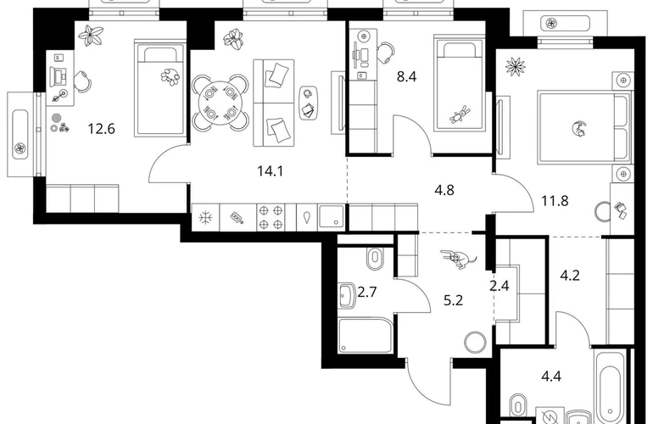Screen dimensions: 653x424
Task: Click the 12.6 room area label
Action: tap(101, 129)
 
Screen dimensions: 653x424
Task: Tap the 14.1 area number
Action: tap(271, 170)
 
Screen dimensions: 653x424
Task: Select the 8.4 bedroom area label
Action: tap(406, 76)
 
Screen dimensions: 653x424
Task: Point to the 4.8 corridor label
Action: tap(444, 190)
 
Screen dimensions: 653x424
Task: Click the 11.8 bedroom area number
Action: tap(555, 201)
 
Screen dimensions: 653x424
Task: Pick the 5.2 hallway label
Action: tap(453, 300)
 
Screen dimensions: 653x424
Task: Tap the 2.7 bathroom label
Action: tap(367, 292)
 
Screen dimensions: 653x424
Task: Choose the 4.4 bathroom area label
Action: tap(551, 377)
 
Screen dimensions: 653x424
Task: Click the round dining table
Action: tap(220, 103)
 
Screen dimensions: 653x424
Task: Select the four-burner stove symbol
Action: tap(271, 217)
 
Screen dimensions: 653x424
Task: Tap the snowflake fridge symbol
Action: tap(205, 217)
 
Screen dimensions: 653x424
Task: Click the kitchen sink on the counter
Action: tap(332, 216)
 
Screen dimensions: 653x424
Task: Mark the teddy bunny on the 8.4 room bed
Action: tap(460, 114)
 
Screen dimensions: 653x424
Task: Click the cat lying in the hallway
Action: tap(459, 259)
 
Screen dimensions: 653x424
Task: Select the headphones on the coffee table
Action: tap(308, 94)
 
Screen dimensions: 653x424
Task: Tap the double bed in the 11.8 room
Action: tap(583, 126)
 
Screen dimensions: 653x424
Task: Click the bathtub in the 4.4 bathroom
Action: tap(611, 388)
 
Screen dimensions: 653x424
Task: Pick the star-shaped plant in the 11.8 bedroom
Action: tap(516, 66)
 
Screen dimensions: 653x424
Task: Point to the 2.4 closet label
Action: tap(499, 286)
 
